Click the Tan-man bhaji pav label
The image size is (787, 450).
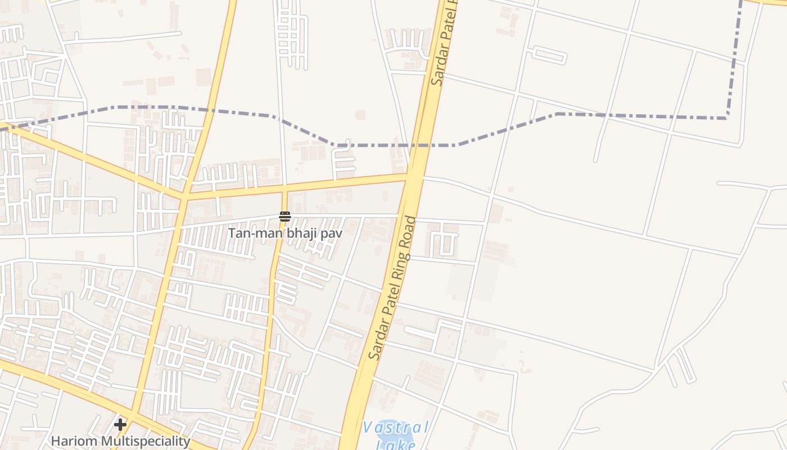pos(284,233)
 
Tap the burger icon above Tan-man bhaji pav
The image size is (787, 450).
pos(284,217)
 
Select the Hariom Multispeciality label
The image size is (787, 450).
pos(120,441)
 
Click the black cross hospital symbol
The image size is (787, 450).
pos(120,424)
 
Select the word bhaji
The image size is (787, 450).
pos(302,233)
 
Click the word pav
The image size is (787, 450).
pos(331,233)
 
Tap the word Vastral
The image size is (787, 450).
pos(396,427)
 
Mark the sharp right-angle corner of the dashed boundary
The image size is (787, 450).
pos(727,118)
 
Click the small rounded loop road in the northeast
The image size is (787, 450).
pos(549,55)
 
